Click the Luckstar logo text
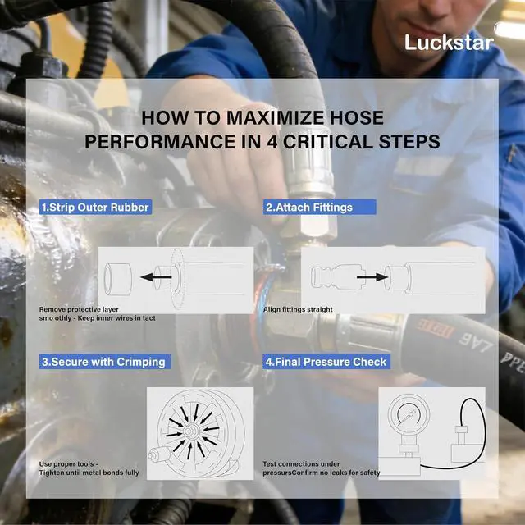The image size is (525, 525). pos(449,43)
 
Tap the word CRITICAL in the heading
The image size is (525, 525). pos(328,142)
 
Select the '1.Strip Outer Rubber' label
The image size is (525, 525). pos(95,208)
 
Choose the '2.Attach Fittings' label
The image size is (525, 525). pos(319,208)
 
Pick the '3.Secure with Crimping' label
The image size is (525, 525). pos(105,362)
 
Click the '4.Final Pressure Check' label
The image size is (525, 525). pos(326,362)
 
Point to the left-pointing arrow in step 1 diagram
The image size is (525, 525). pos(156,277)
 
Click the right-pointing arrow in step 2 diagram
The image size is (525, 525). pos(372,277)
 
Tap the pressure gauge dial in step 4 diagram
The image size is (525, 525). pos(409,413)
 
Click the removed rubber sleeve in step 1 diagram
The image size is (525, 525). pos(117,279)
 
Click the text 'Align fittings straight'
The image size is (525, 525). pos(298,309)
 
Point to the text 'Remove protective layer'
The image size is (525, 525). pos(79,309)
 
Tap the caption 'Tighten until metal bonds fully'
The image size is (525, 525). pos(89,472)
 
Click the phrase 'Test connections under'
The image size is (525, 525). pos(301,464)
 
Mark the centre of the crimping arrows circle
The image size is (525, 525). pos(191,431)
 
